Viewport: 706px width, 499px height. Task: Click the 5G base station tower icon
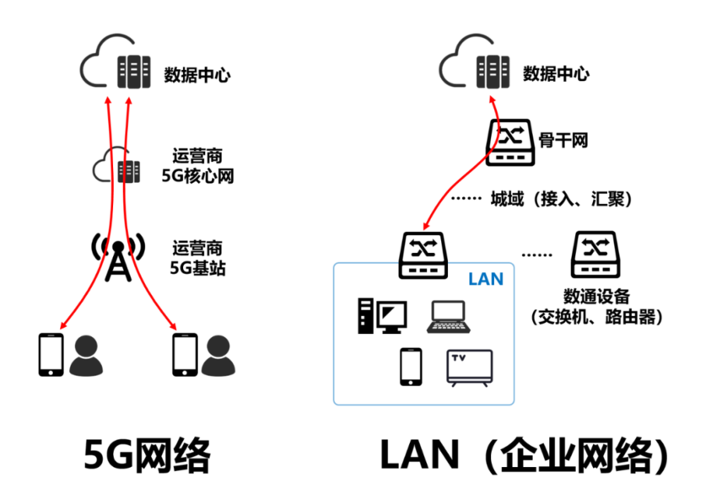tap(117, 258)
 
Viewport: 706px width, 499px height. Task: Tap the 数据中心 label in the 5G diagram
tap(197, 75)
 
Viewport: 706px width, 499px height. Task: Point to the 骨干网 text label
tap(563, 137)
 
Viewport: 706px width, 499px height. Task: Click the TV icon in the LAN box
tap(468, 368)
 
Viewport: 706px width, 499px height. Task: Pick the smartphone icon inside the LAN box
tap(411, 367)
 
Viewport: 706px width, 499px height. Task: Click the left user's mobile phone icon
tap(51, 354)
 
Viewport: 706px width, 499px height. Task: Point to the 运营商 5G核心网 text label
tap(197, 166)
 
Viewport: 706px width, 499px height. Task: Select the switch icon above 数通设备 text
tap(596, 254)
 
